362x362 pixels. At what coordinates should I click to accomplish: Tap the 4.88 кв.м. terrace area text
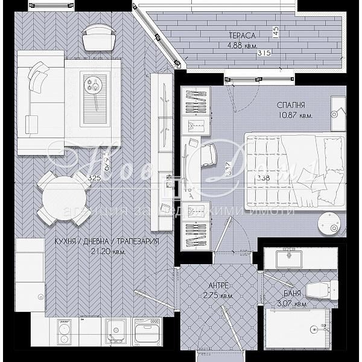pos(241,45)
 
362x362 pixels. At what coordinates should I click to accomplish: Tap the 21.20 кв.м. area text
pos(106,251)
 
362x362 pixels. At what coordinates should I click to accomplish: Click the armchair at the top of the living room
pos(97,37)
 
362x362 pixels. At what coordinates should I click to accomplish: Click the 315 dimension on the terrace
pos(264,54)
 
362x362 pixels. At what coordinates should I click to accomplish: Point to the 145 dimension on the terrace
pos(276,31)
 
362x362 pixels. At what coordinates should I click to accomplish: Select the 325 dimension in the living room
pos(94,178)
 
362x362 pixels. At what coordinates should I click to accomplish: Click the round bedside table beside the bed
pos(328,223)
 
